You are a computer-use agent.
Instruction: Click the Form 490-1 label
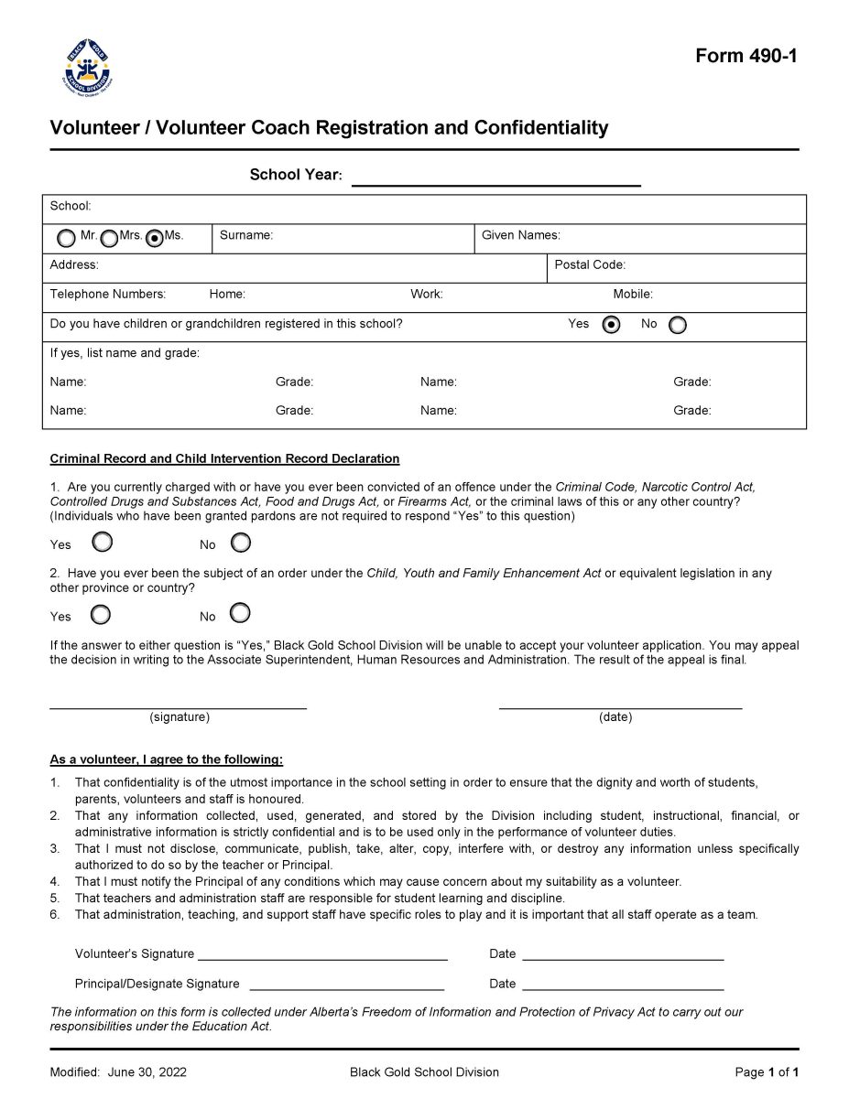(x=746, y=56)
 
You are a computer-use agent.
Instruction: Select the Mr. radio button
(x=67, y=238)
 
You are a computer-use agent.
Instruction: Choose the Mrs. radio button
(x=109, y=238)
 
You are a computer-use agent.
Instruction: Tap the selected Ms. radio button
(x=155, y=238)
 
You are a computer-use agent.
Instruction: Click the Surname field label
(x=245, y=235)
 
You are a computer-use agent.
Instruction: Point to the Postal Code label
(x=590, y=264)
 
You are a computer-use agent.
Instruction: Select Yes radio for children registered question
(x=611, y=325)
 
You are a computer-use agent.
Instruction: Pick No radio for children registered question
(x=678, y=325)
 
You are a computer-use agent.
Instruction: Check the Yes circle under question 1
(x=103, y=543)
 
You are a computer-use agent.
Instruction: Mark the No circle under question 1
(x=240, y=543)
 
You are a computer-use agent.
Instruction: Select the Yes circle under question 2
(x=103, y=613)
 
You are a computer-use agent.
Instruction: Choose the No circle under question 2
(x=240, y=612)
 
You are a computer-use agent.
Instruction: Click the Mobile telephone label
(x=633, y=295)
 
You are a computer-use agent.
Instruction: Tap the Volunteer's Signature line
(x=322, y=954)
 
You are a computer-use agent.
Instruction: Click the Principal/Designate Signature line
(x=346, y=985)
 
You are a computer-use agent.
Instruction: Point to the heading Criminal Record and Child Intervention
(x=224, y=458)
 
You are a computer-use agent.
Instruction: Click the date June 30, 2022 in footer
(x=147, y=1072)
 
